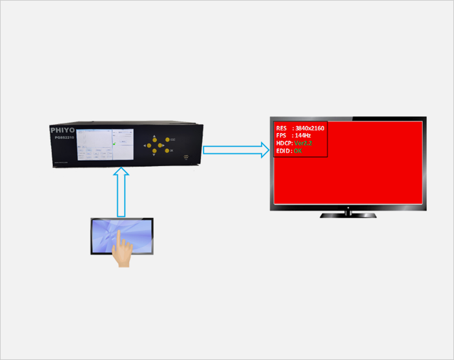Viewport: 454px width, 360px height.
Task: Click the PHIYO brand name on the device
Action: click(62, 129)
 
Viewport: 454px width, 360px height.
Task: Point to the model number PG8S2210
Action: click(64, 138)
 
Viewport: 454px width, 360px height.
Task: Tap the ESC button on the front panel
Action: click(167, 140)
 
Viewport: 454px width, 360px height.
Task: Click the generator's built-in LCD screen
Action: click(104, 143)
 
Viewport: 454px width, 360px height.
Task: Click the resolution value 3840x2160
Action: click(309, 128)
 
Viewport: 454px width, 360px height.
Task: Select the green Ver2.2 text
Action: click(304, 143)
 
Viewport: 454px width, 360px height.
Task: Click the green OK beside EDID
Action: click(298, 151)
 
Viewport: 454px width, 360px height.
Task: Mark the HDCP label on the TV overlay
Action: click(284, 143)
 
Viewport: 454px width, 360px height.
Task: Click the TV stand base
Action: click(347, 214)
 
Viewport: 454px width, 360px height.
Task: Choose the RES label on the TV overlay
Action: click(281, 128)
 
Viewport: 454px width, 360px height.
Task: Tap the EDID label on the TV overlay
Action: click(283, 151)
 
